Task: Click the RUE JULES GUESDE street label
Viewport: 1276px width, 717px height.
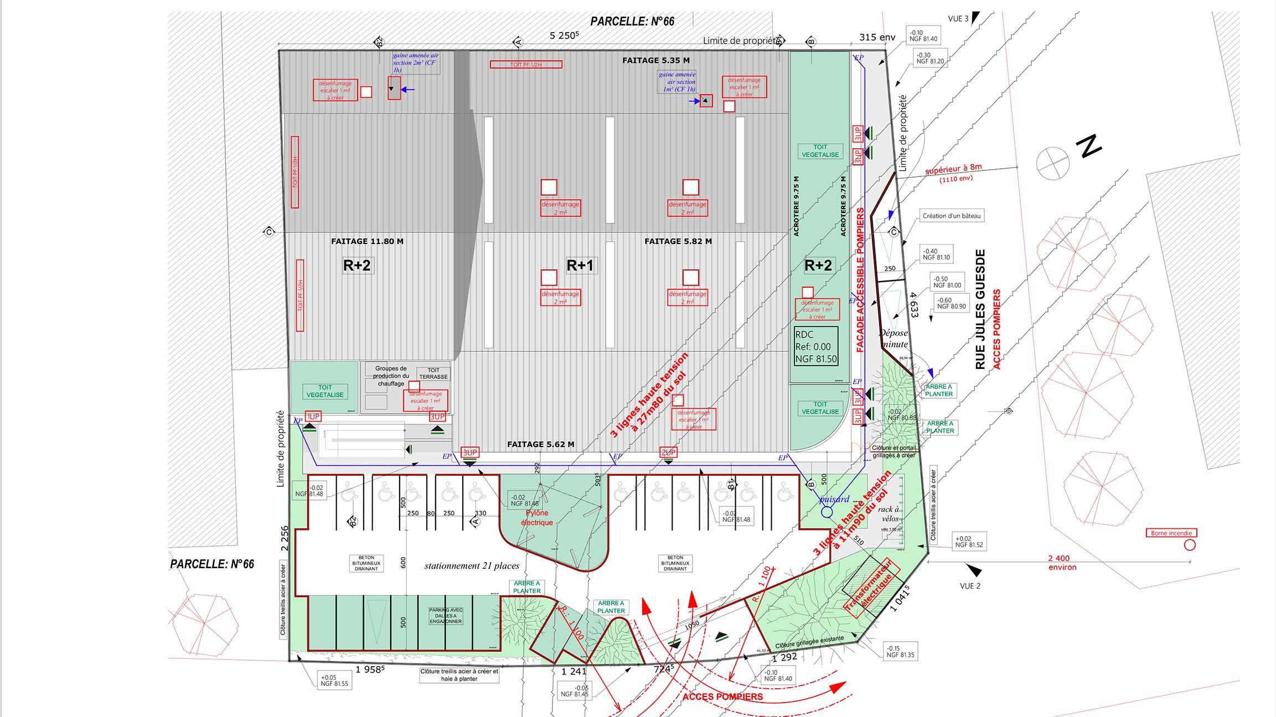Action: pos(980,310)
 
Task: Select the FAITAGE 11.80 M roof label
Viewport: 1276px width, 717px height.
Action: pos(367,241)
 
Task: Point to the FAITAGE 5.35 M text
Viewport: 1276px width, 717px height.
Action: pos(655,60)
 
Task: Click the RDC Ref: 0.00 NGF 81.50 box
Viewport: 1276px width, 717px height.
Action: pos(816,347)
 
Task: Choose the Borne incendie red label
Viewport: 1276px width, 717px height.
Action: pos(1171,533)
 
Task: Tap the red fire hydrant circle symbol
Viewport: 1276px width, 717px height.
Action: pos(1190,545)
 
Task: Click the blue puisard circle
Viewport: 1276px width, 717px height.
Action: pos(826,512)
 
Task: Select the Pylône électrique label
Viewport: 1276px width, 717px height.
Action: pos(536,518)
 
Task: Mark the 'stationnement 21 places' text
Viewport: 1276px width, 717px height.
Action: pos(472,566)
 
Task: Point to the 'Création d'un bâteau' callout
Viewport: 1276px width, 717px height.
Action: pos(952,216)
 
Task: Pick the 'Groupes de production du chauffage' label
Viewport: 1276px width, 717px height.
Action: pos(391,376)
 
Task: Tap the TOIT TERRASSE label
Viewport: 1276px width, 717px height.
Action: pos(433,373)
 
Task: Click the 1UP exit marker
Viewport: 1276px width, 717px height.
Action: pos(313,417)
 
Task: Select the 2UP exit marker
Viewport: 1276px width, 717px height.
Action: pos(668,453)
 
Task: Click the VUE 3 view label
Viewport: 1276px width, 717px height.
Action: pos(958,19)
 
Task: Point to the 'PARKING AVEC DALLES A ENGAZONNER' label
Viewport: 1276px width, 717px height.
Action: pos(446,616)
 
